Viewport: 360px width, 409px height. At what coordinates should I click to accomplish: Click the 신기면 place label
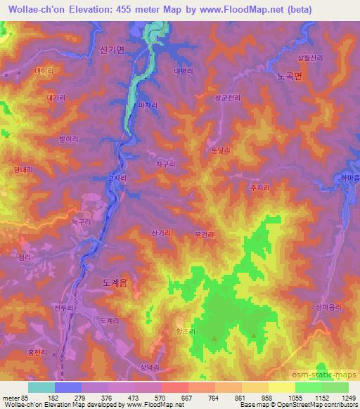[112, 51]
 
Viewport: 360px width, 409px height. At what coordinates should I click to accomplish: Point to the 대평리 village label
[182, 71]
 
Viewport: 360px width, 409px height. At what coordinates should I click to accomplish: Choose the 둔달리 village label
[221, 150]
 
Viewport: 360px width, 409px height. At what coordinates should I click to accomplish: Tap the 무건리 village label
[203, 234]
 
